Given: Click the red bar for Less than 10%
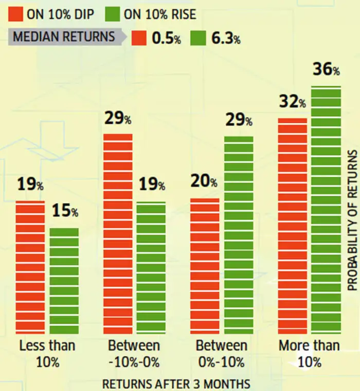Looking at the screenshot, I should coord(30,267).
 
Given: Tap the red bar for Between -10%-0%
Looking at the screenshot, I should coord(118,234).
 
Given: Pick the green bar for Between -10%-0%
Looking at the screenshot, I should coord(151,268).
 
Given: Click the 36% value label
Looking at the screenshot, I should coord(326,69).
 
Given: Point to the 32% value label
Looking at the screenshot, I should coord(292,102).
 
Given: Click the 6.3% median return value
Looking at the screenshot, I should coord(225,39).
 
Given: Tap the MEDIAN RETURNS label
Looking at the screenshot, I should coord(63,38).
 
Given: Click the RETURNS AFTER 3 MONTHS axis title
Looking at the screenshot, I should coord(176,383).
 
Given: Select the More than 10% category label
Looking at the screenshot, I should coord(309,353).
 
